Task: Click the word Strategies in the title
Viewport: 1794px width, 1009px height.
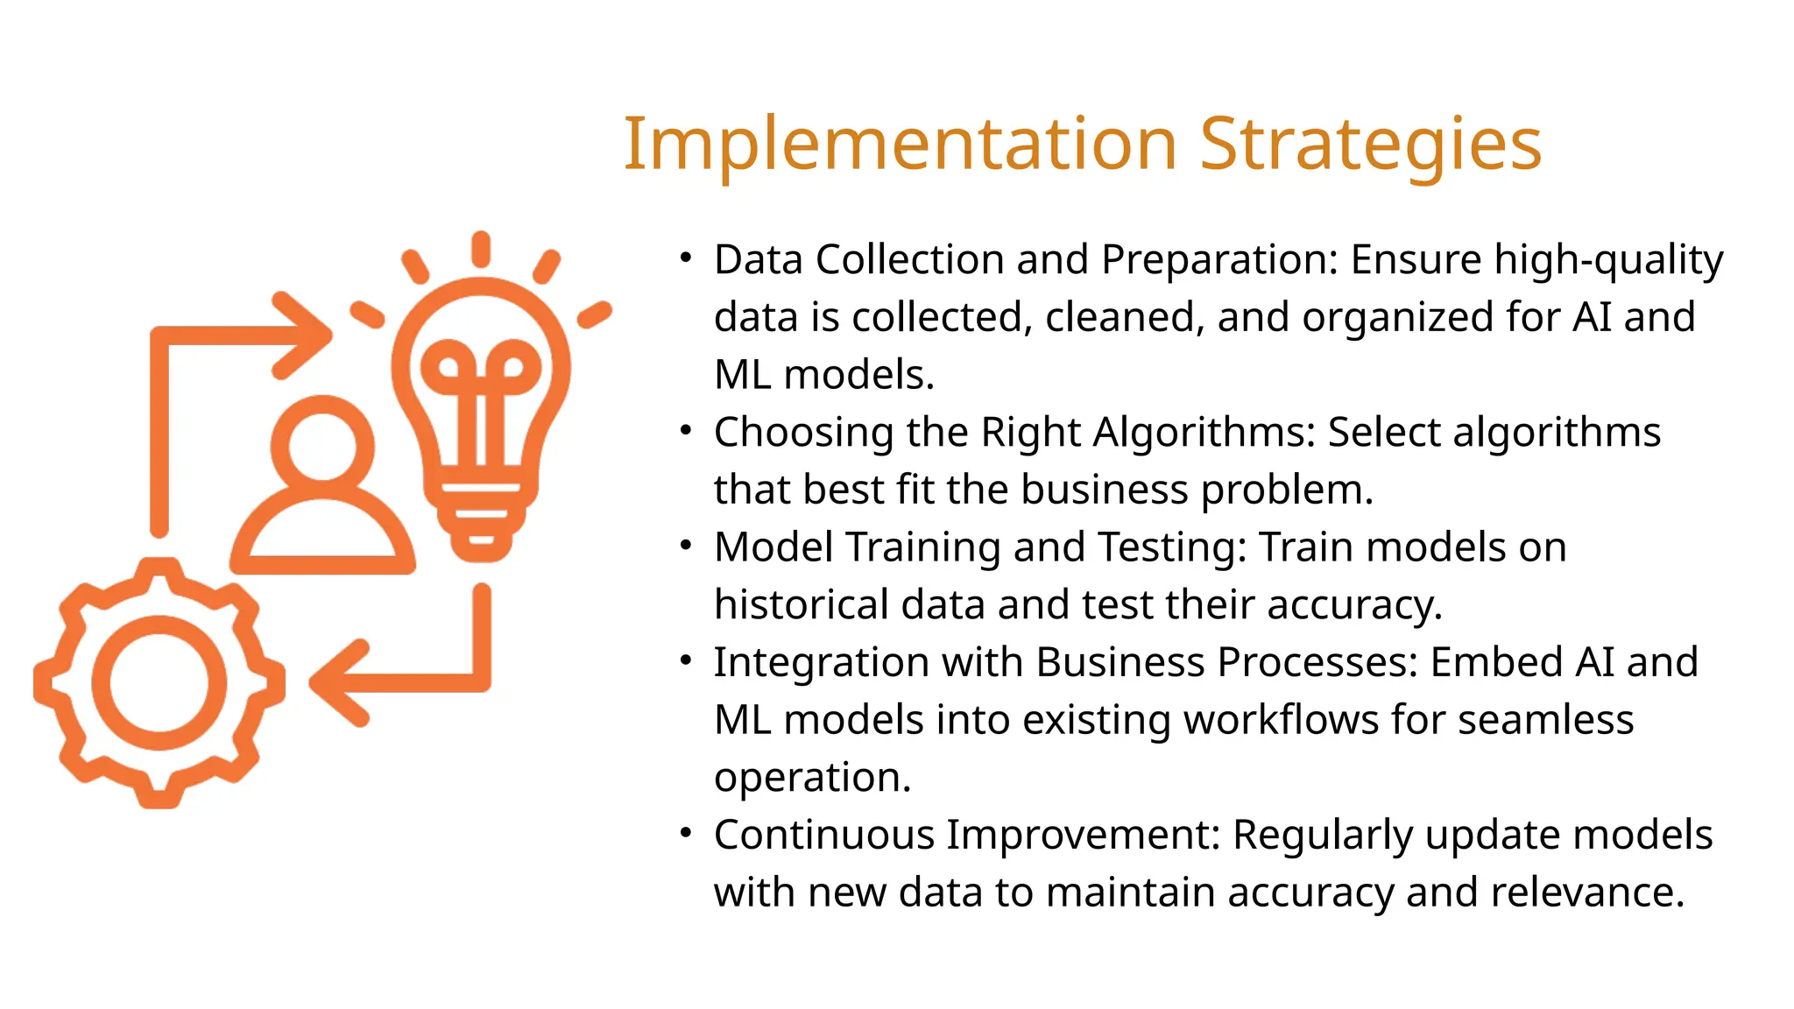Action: (x=1370, y=145)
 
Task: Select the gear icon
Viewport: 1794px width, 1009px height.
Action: (x=159, y=682)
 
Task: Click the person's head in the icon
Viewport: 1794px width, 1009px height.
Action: (x=322, y=447)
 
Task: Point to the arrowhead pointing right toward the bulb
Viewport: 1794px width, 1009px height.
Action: (x=307, y=335)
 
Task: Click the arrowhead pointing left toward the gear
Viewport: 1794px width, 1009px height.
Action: (x=337, y=682)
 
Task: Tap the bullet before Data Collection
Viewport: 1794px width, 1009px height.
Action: (x=686, y=258)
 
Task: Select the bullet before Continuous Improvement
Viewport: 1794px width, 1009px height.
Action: (x=686, y=833)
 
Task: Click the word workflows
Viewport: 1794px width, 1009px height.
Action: (x=1282, y=720)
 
